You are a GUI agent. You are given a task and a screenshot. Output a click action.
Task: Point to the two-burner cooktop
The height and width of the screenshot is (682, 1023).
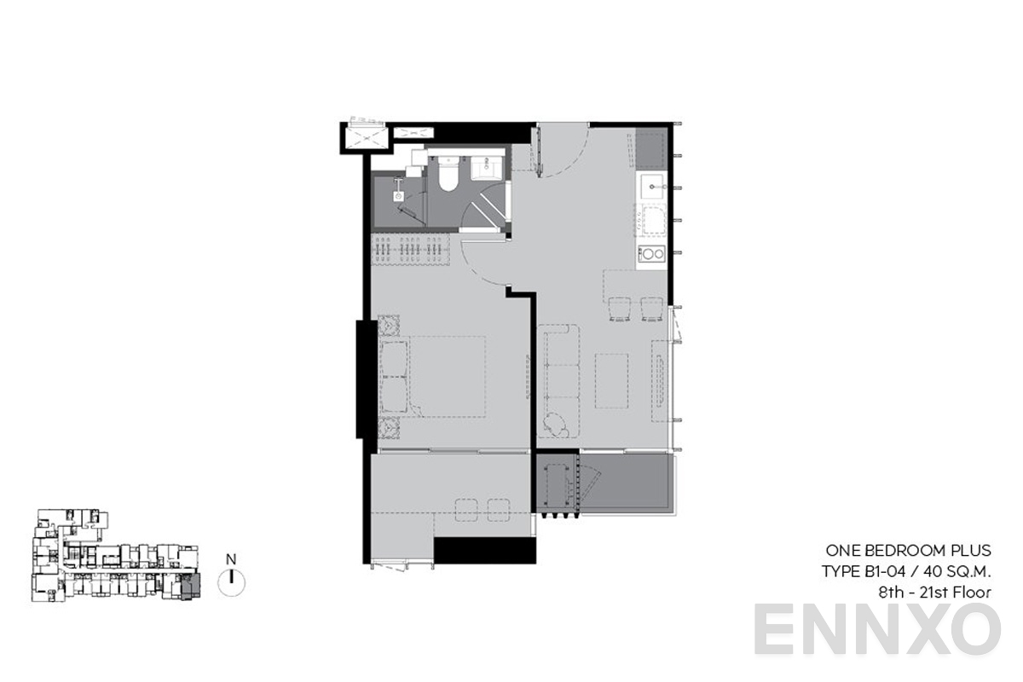[652, 253]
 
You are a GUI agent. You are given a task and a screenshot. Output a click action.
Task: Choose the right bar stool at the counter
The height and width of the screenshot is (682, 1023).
[652, 309]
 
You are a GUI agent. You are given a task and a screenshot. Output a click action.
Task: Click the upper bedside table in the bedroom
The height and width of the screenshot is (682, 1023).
[390, 326]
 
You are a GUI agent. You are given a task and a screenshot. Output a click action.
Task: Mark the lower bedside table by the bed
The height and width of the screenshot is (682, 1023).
[390, 428]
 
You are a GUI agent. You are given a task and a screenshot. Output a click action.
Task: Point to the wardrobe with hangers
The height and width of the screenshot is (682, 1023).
[412, 251]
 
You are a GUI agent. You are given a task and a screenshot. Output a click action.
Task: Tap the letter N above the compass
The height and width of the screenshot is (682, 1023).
[230, 559]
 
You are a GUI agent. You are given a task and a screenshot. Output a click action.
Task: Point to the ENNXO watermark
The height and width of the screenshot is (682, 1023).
[877, 629]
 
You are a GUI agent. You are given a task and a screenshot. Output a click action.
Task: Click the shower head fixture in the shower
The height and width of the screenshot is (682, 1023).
[399, 194]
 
